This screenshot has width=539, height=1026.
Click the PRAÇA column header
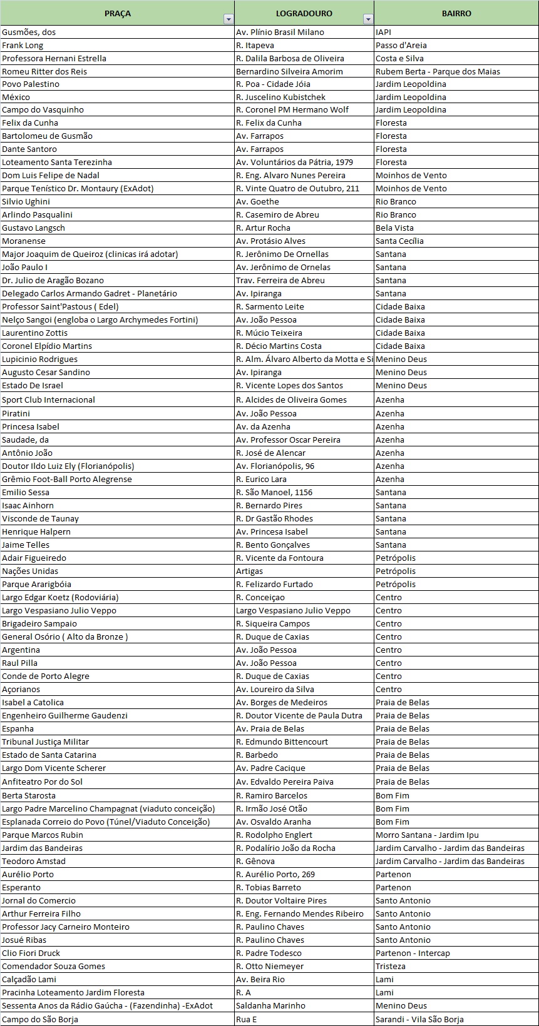[x=118, y=13]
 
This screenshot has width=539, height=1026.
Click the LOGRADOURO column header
[x=304, y=13]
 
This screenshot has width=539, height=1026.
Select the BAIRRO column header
[x=456, y=13]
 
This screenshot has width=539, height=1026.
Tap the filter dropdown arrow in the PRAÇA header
[x=228, y=19]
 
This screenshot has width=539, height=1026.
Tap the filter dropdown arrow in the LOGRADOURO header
[x=368, y=19]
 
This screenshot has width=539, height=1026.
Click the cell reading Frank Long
[x=23, y=45]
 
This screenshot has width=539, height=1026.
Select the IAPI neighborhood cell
[x=383, y=32]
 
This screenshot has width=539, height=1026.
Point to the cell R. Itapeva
[x=255, y=45]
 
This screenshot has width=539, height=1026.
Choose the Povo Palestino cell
[x=31, y=84]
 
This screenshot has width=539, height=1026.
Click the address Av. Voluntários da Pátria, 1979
[x=294, y=163]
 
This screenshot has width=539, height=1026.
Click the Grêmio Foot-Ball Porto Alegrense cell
[x=67, y=480]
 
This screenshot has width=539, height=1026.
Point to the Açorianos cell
[x=21, y=690]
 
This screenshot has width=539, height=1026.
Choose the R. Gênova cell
[x=256, y=862]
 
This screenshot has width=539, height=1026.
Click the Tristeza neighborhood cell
[x=391, y=967]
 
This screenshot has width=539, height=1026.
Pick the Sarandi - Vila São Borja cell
[x=419, y=1020]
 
